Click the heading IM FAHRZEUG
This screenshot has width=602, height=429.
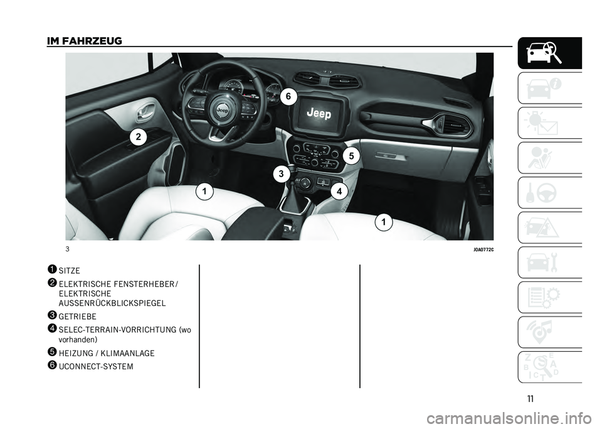pos(85,40)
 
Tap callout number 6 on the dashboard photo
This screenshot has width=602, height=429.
pos(288,97)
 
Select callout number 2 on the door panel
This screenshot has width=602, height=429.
pos(138,137)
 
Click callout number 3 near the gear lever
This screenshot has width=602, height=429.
pos(281,174)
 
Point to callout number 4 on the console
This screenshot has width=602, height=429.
pos(339,191)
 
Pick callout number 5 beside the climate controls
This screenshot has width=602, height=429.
pos(351,156)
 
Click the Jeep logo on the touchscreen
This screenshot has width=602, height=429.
pos(319,113)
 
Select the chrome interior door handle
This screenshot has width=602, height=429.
pos(145,111)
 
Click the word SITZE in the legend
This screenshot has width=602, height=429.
pos(70,271)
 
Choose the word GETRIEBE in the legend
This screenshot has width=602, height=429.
pos(78,317)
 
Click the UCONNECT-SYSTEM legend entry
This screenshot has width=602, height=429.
pos(96,367)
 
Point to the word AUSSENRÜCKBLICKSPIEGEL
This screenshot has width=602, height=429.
pos(112,303)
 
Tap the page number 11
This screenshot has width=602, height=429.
pos(531,399)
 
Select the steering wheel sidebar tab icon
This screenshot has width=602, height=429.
pos(550,193)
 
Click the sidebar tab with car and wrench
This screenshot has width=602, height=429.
pos(550,263)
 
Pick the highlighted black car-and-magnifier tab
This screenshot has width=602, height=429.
pos(550,53)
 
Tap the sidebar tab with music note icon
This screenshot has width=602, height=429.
pos(550,332)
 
